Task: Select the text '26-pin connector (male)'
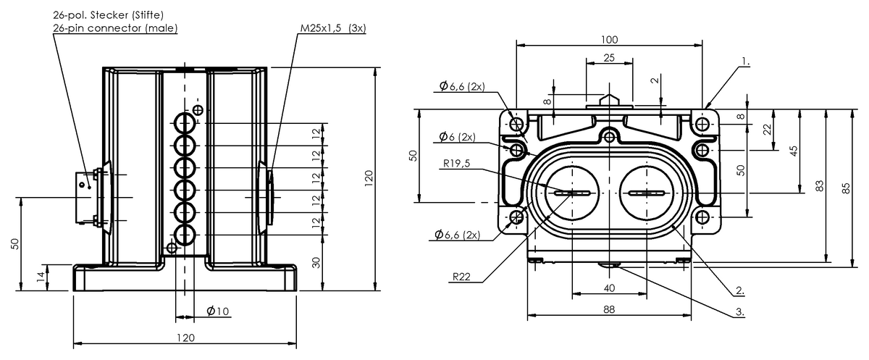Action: [115, 28]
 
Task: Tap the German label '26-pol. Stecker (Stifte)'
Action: [109, 14]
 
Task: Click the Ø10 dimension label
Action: [217, 311]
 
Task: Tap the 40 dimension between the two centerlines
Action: [609, 288]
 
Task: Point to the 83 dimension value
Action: [820, 185]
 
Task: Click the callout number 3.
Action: [739, 312]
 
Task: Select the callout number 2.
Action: [739, 291]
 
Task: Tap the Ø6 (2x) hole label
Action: [457, 137]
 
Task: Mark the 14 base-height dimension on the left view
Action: [41, 277]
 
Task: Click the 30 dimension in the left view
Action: [316, 262]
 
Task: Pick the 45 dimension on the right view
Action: [794, 151]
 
